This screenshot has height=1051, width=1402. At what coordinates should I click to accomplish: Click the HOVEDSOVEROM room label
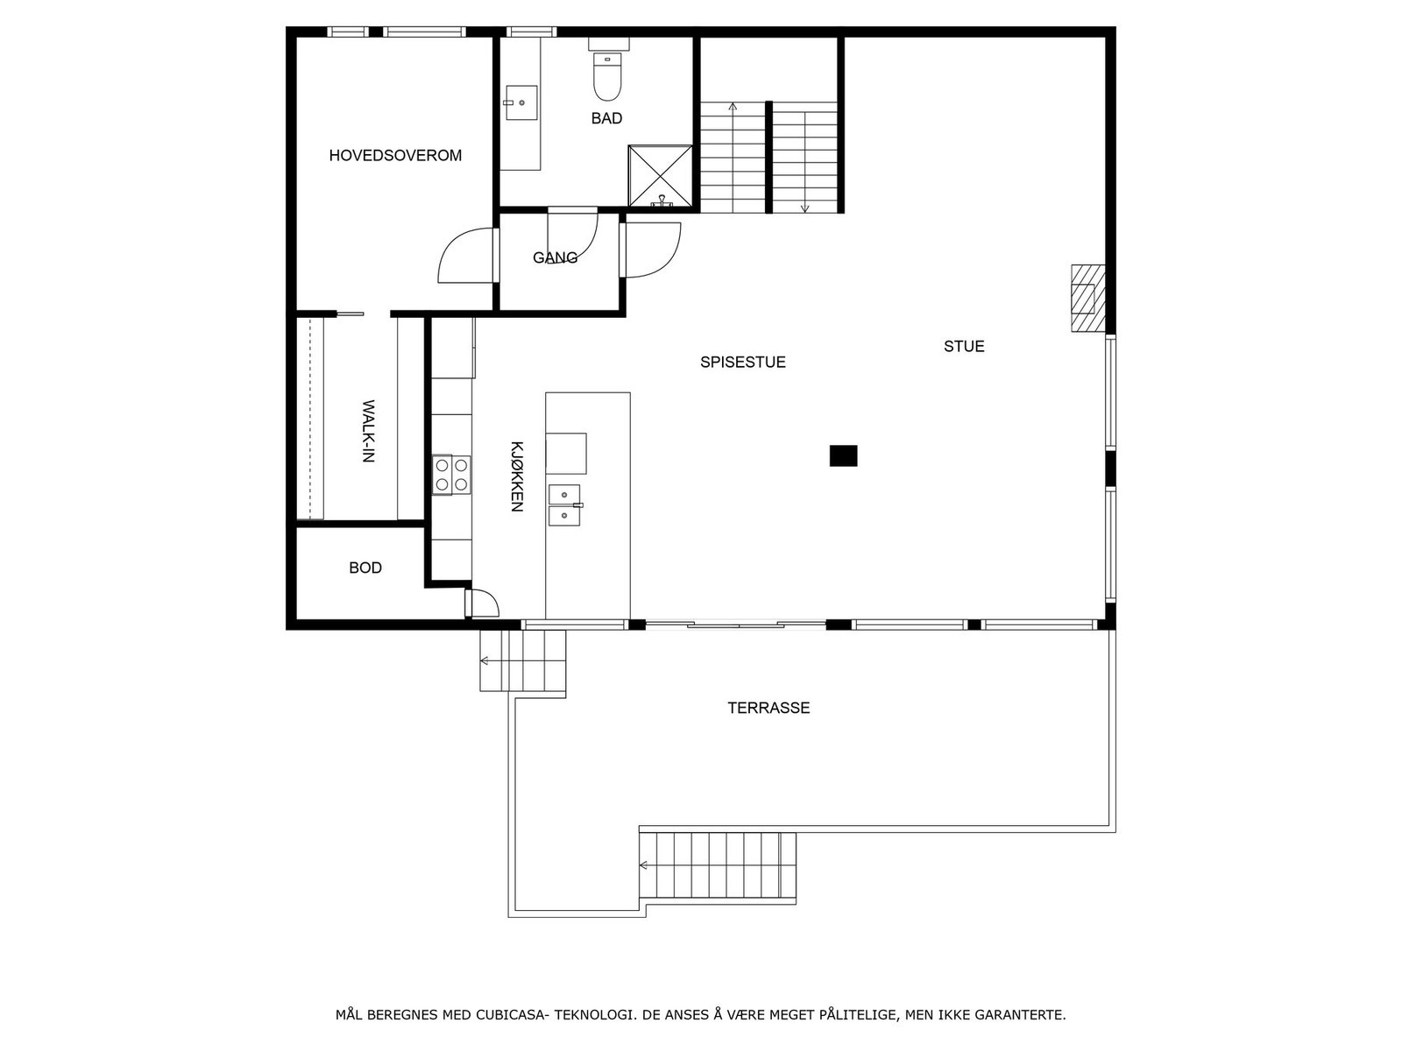point(395,156)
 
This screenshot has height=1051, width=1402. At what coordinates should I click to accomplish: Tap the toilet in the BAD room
point(606,77)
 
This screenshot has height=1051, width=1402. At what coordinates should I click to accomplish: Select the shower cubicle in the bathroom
point(660,176)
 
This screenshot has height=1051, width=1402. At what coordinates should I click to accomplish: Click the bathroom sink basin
point(520,102)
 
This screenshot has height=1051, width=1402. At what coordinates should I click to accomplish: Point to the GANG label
point(555,257)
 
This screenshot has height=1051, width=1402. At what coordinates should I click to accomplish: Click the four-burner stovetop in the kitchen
point(451,475)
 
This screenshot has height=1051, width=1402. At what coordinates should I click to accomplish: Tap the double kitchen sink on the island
point(564,505)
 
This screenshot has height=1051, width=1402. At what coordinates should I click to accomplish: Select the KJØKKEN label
point(516,476)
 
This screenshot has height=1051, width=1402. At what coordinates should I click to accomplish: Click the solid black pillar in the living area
point(843,455)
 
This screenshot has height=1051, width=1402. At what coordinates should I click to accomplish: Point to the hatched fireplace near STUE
point(1086,298)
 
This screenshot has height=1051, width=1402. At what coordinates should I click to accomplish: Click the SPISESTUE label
point(742,362)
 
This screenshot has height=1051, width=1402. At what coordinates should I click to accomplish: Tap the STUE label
point(964,347)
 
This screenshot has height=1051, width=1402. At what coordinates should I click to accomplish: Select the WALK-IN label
point(368,431)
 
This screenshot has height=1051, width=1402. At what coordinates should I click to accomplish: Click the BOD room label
point(365,568)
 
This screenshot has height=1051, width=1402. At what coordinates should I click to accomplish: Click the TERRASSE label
point(768,708)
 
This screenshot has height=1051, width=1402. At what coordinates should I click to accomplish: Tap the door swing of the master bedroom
point(465,256)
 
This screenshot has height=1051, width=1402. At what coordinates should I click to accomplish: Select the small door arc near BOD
point(483,603)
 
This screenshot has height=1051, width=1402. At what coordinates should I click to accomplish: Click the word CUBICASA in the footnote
point(512,1016)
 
